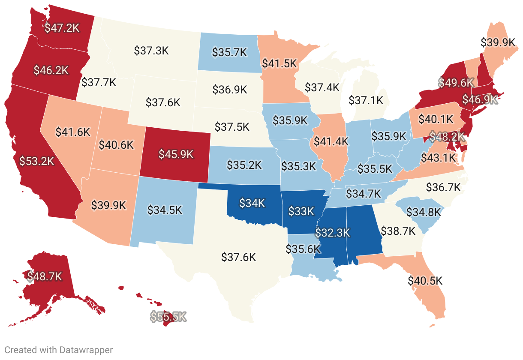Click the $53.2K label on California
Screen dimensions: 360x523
37,161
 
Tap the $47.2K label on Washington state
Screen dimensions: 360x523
63,28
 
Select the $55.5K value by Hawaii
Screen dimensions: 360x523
168,317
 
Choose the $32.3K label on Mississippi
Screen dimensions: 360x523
333,233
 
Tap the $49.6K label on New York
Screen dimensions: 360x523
456,82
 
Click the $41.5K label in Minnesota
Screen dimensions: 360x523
280,63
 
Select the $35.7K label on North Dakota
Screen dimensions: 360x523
230,52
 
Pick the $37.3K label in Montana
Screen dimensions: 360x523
151,51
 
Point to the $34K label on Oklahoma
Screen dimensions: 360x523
252,203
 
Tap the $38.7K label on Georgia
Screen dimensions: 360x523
398,231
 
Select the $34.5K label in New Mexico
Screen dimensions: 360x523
165,210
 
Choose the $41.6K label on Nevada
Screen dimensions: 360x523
73,132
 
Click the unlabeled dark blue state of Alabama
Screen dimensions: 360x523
364,231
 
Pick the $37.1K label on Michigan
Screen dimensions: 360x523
366,101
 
